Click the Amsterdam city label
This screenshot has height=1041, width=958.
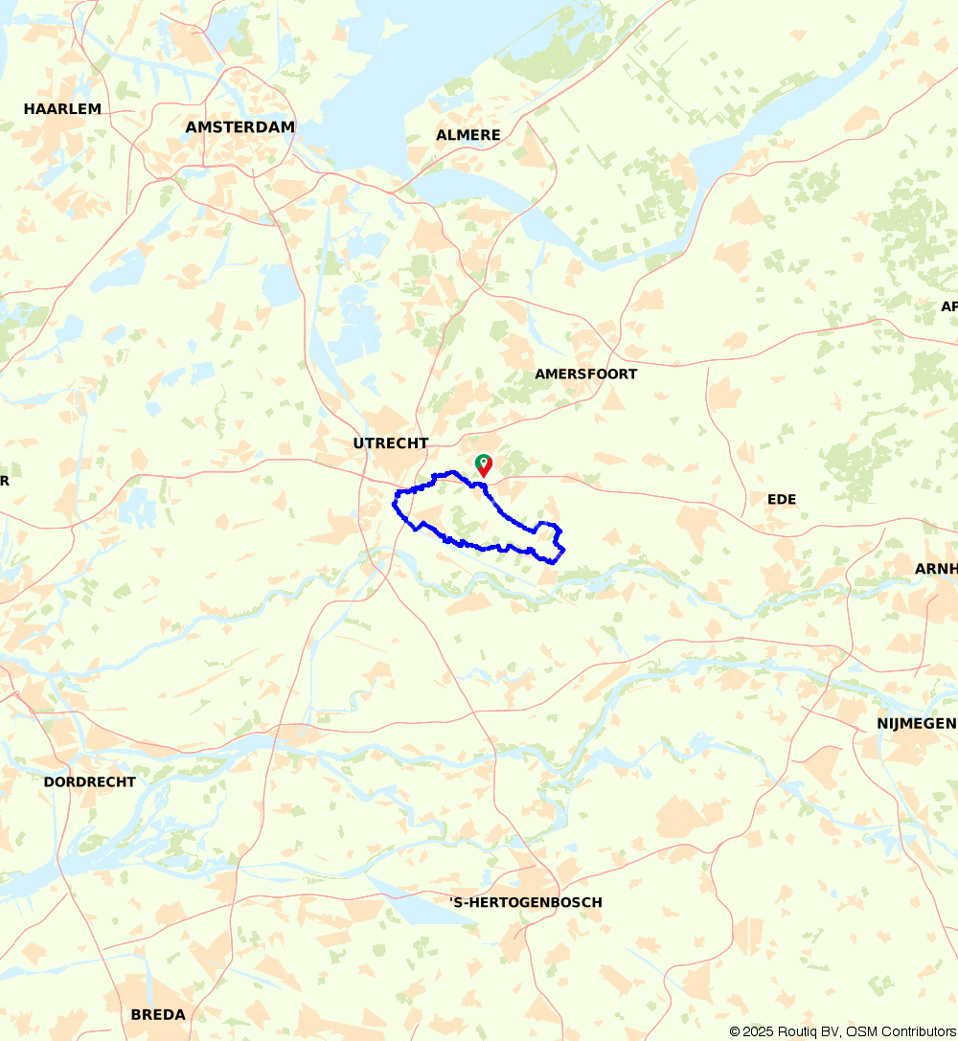239,126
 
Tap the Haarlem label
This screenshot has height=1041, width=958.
62,109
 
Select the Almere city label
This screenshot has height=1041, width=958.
468,135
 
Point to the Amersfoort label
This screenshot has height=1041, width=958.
585,373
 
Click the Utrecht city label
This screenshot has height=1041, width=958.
390,442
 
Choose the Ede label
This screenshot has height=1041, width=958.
782,499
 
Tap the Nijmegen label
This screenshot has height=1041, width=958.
916,723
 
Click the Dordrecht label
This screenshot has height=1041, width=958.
89,781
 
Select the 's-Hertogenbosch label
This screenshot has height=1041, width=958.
525,902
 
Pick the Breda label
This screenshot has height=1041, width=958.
158,1014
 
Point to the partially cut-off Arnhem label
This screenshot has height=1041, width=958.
936,569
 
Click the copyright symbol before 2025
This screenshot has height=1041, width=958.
736,1031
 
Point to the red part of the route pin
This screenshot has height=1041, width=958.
485,469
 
